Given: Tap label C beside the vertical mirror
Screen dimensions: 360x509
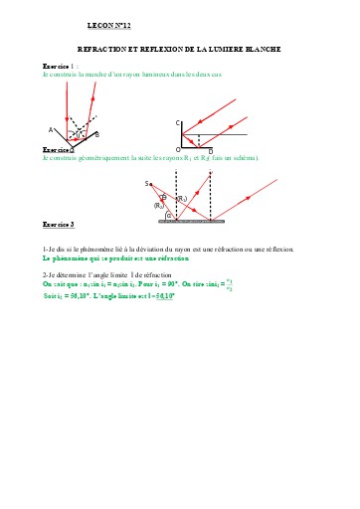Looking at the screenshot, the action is pyautogui.click(x=178, y=122).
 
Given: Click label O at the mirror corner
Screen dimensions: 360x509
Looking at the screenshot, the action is pyautogui.click(x=178, y=149).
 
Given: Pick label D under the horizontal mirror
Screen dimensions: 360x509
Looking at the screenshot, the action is pyautogui.click(x=210, y=151).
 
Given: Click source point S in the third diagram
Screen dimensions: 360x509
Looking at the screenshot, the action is pyautogui.click(x=146, y=183).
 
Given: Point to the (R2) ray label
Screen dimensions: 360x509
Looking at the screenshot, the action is pyautogui.click(x=158, y=206).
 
